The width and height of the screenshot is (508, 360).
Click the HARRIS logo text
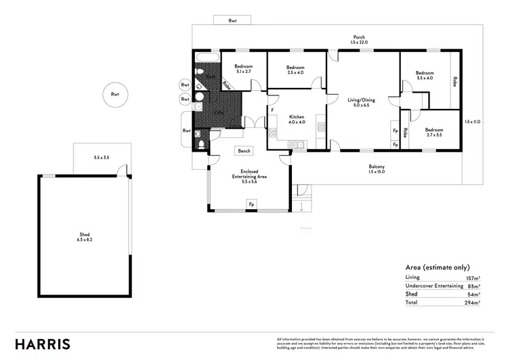point(42,343)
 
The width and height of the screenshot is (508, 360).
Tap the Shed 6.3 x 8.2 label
point(85,237)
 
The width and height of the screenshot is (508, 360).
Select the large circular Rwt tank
point(114,95)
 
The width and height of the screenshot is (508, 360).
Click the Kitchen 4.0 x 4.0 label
point(297,119)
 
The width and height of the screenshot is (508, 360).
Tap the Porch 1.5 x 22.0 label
point(360,40)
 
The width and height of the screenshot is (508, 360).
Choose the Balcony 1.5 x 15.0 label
point(377,170)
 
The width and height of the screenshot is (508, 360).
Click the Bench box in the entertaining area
point(243,151)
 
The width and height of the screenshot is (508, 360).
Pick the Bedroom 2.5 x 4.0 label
point(295,70)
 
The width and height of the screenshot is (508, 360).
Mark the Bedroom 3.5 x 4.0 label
point(425,75)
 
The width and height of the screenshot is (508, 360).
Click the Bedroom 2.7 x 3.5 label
point(433,133)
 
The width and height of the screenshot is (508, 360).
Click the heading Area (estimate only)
point(437,267)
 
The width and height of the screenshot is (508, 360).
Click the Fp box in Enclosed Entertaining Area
point(251,203)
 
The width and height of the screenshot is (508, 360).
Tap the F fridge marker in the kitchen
point(272,110)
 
